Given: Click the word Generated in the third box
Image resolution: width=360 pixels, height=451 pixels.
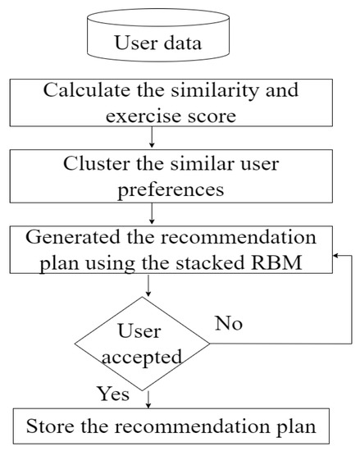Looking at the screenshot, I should pyautogui.click(x=67, y=238).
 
